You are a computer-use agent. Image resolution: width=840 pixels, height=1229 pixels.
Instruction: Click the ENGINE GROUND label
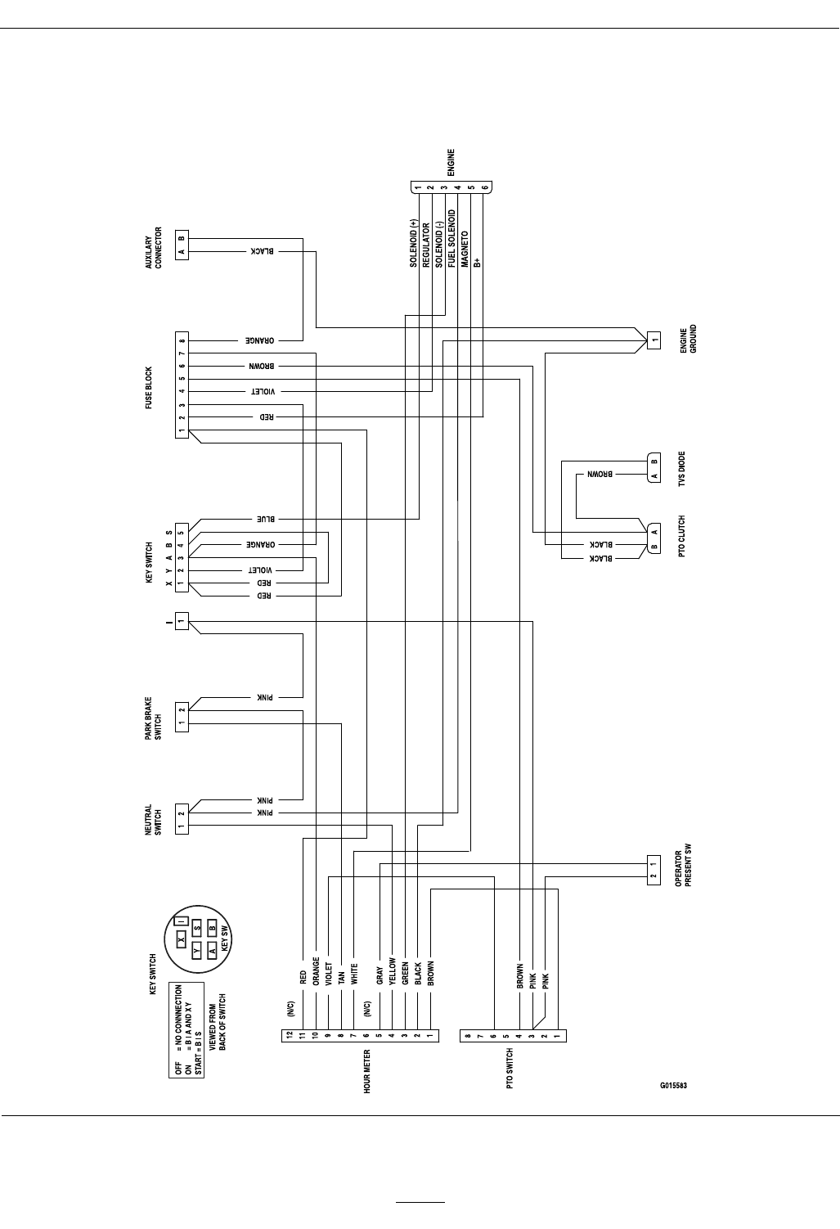point(688,339)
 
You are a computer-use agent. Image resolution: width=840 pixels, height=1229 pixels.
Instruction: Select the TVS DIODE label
point(682,469)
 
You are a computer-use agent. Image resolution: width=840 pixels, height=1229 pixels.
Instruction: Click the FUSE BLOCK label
point(149,388)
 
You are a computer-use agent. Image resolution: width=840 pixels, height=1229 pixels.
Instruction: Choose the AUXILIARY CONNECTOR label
point(153,248)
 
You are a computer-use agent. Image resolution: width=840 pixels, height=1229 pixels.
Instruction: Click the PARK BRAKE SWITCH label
point(153,718)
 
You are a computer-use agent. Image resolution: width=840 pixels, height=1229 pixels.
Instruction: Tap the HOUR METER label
point(367,1071)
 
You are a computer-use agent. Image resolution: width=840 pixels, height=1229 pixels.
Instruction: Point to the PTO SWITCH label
point(510,1068)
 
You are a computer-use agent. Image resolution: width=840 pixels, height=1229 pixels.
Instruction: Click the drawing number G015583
point(673,1086)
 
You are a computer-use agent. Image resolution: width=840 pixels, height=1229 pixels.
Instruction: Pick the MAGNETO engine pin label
point(463,249)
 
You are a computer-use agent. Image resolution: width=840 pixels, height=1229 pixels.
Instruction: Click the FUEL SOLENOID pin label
point(451,238)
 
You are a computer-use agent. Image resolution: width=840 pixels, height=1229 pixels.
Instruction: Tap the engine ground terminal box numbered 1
point(653,340)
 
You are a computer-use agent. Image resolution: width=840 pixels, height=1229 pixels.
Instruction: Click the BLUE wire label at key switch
point(267,519)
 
